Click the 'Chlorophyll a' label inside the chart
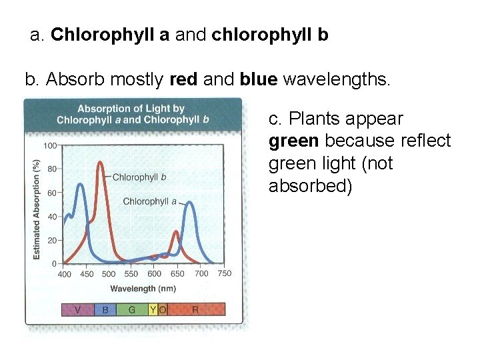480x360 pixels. point(149,201)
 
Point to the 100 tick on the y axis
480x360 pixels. point(49,145)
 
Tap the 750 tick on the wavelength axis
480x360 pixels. point(225,273)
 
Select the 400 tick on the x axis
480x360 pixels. point(65,274)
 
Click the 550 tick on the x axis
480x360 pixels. point(131,274)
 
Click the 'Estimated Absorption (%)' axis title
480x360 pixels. point(37,209)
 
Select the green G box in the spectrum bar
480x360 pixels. point(132,309)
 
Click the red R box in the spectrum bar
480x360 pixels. point(195,309)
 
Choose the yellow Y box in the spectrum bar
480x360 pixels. point(153,309)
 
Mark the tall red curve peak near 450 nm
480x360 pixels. point(101,163)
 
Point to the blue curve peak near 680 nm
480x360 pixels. point(191,204)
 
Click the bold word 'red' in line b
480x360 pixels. point(183,81)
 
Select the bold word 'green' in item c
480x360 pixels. point(294,141)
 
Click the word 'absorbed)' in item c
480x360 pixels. point(309,185)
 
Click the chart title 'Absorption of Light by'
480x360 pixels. point(131,109)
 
